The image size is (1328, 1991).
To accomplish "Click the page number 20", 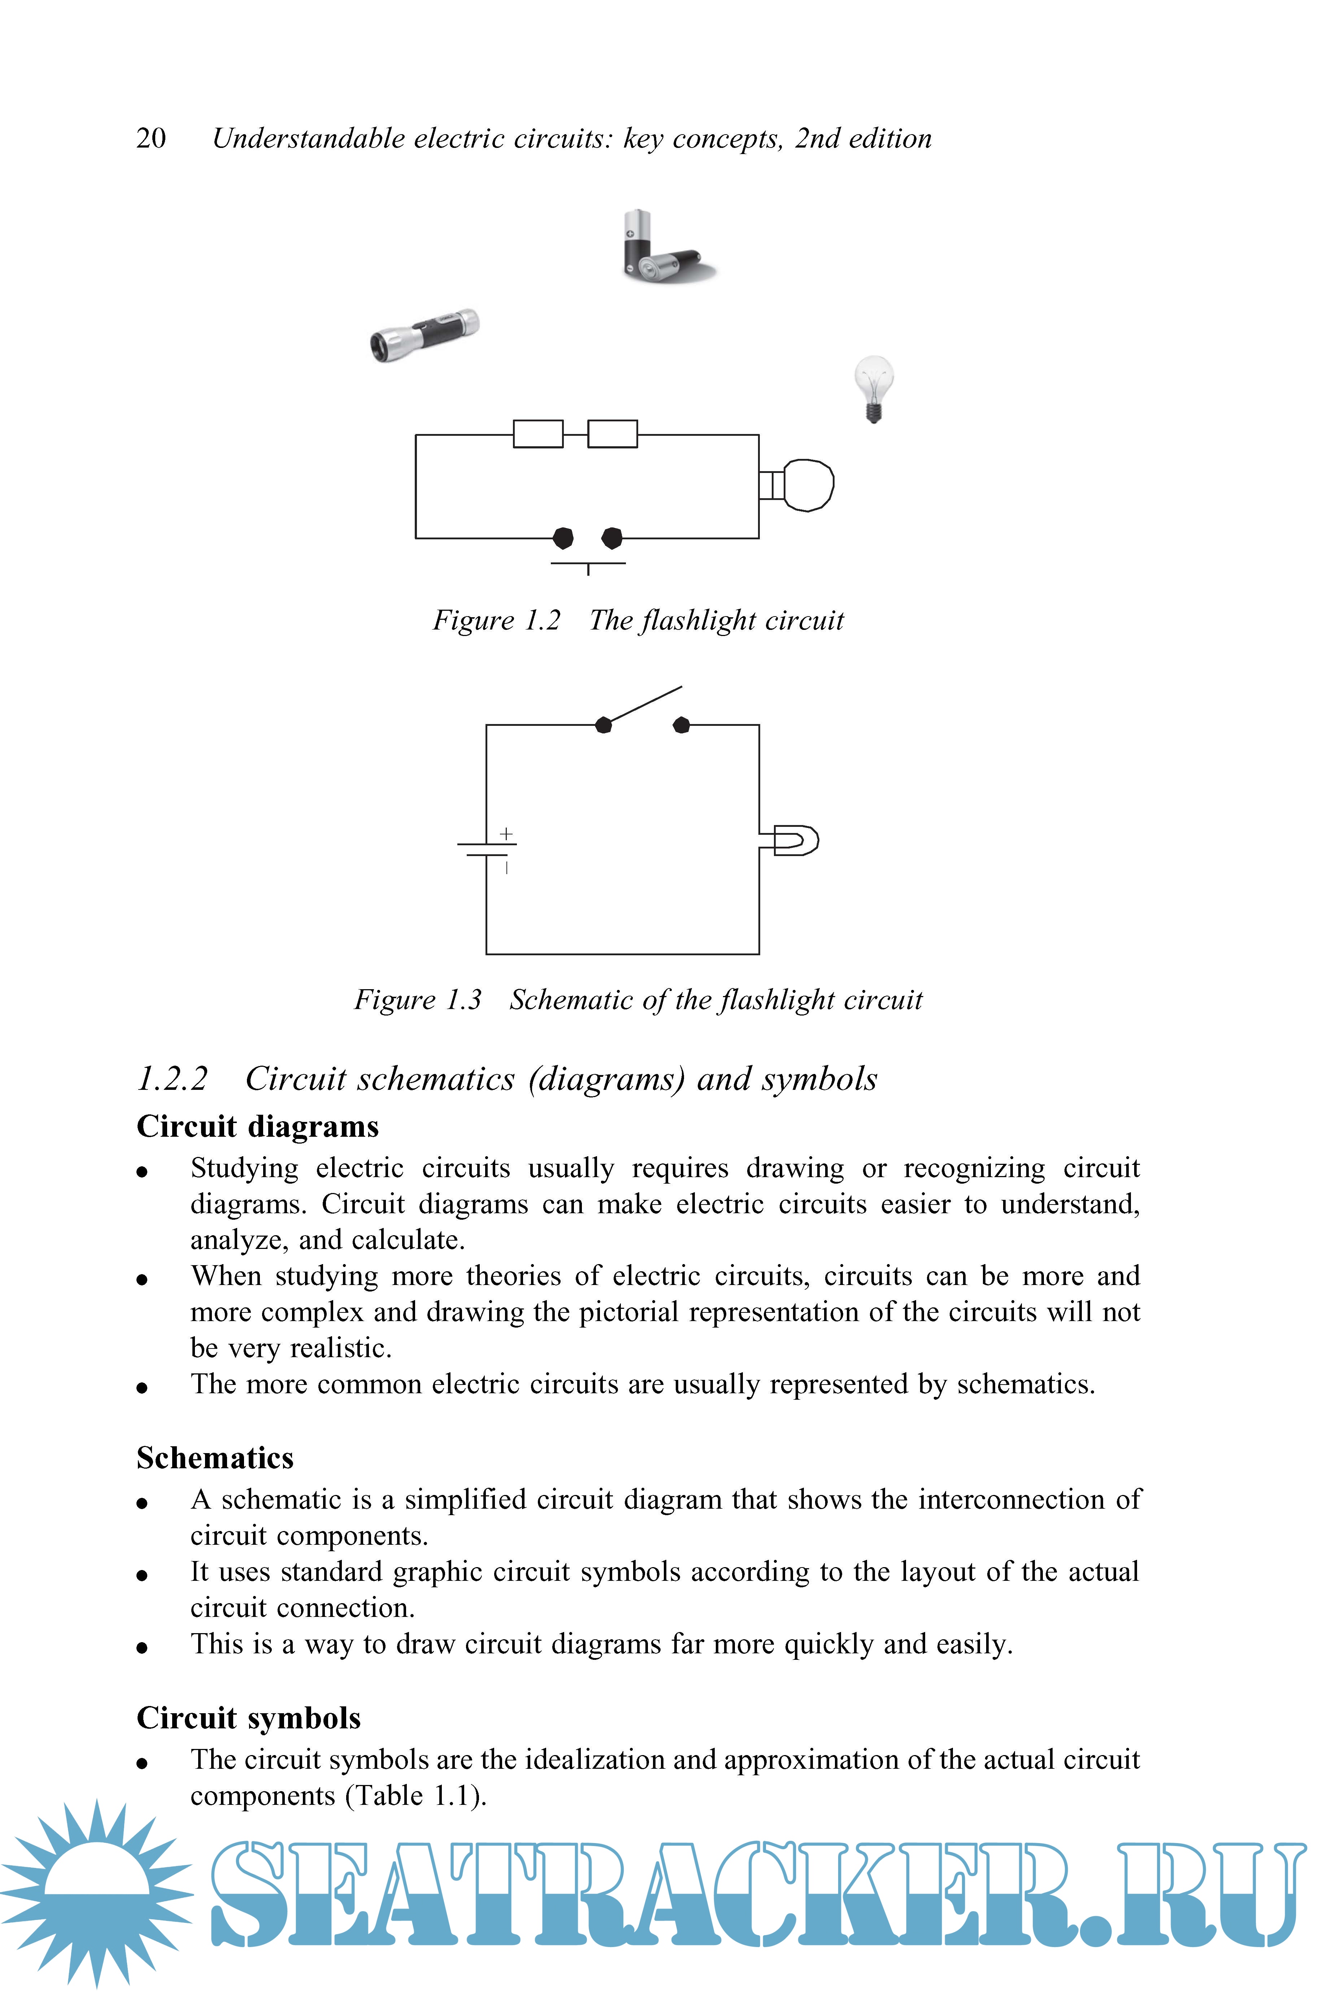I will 151,138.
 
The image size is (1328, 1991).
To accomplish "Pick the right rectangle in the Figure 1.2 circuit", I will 612,434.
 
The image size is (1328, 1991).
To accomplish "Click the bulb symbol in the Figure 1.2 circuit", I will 807,485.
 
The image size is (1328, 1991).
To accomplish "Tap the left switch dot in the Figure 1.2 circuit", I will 562,538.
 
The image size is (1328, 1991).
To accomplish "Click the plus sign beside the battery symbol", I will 506,834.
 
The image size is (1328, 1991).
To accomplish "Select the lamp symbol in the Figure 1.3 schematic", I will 794,841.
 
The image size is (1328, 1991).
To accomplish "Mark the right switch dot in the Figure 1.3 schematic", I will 681,725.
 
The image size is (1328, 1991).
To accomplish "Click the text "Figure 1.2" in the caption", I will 496,620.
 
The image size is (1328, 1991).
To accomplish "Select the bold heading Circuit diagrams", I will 257,1127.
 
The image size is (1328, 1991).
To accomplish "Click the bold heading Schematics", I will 215,1458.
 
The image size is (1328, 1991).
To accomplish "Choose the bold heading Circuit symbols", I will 248,1718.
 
